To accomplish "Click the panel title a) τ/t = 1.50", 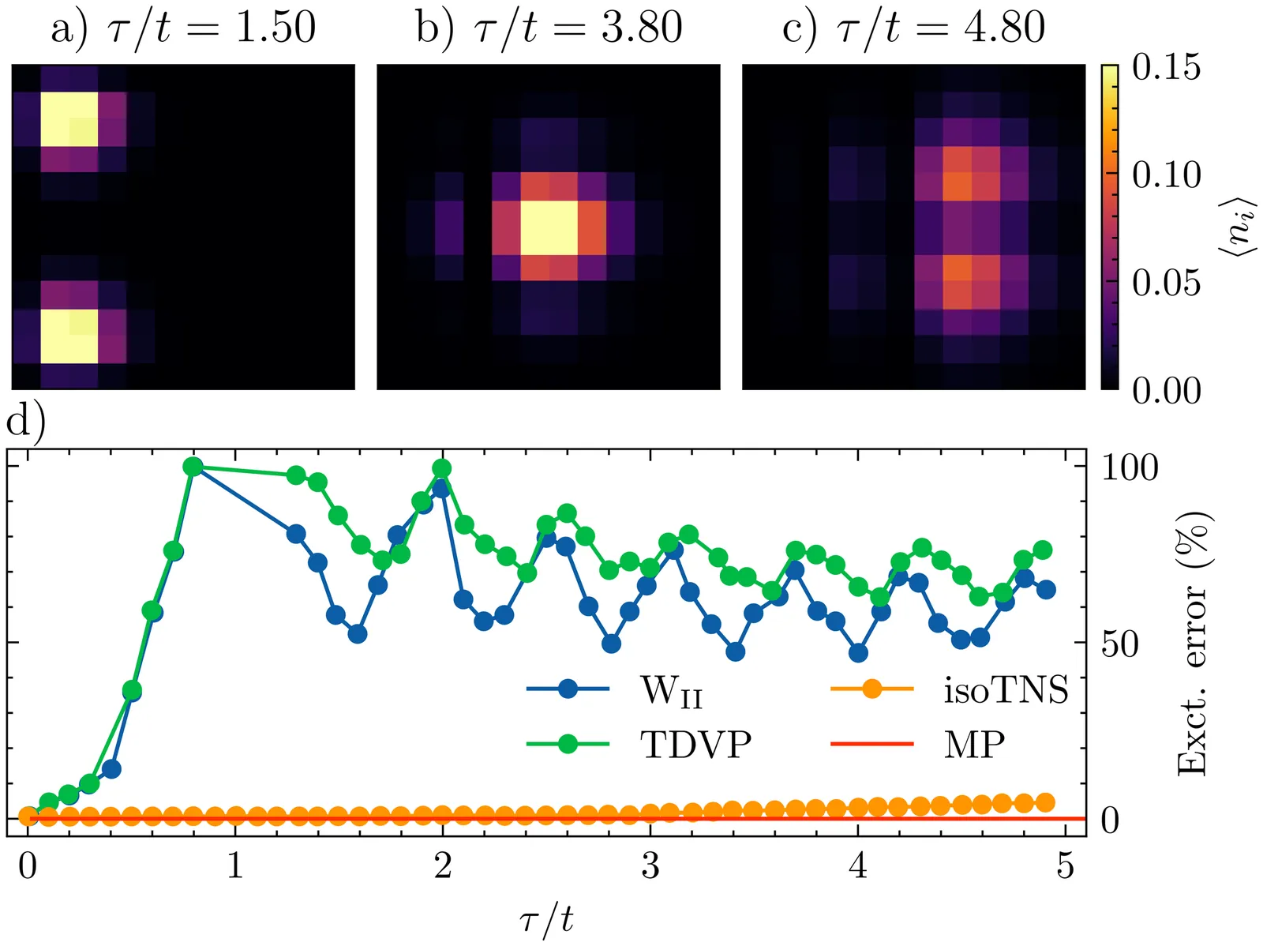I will [x=183, y=28].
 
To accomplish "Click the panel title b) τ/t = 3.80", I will [x=549, y=28].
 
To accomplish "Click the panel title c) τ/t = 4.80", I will [x=913, y=28].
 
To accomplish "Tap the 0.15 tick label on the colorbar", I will [x=1166, y=68].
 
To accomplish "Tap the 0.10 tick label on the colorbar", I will [x=1166, y=175].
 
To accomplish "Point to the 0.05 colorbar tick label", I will [x=1166, y=283].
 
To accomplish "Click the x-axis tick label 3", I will [x=650, y=866].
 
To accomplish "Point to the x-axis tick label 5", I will [x=1066, y=866].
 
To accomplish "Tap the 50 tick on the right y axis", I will [x=1120, y=644].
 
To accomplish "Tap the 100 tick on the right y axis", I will [x=1130, y=467].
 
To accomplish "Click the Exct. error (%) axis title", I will [x=1194, y=644].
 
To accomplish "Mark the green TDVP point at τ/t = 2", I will [x=442, y=468].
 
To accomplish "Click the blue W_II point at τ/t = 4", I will [x=858, y=653].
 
